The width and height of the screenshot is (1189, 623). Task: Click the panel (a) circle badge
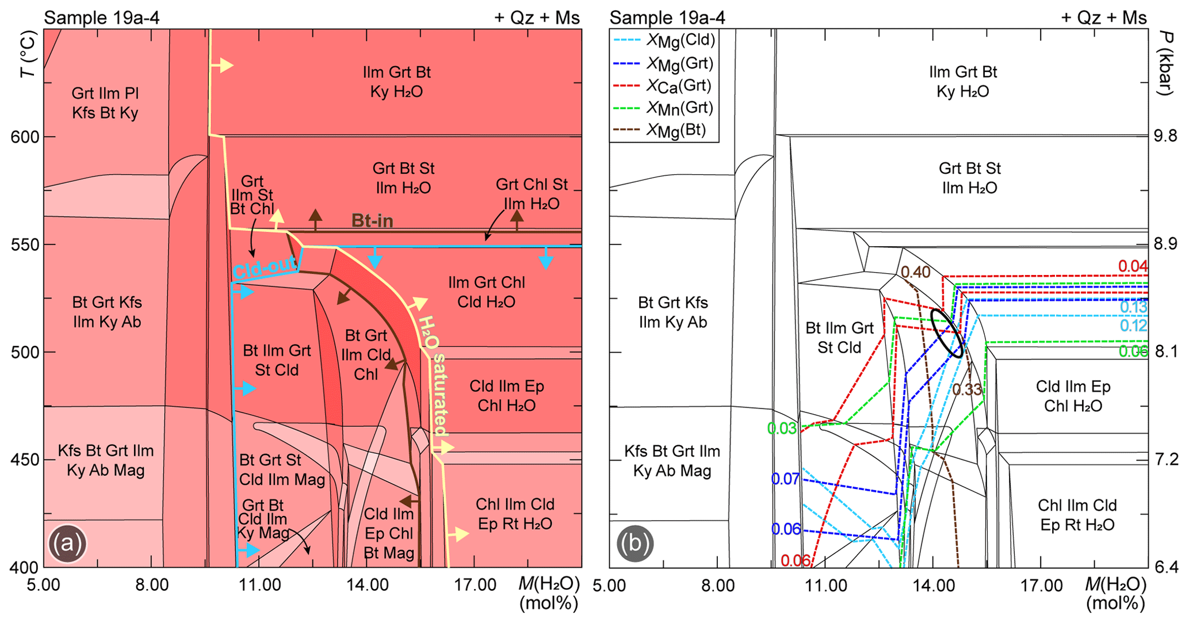tap(67, 543)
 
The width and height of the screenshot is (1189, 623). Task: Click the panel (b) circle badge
tap(634, 543)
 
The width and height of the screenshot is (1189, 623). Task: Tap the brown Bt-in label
tap(372, 221)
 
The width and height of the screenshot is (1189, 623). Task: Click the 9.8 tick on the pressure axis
tap(1165, 136)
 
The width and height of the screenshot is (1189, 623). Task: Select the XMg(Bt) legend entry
tap(662, 131)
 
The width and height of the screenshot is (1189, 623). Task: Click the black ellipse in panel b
tap(946, 334)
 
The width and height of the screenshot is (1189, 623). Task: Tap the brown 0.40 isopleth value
tap(915, 272)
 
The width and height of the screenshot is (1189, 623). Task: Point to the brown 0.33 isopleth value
tap(967, 389)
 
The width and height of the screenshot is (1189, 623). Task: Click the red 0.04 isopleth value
tap(1132, 266)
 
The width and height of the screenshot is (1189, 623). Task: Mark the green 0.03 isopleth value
tap(781, 429)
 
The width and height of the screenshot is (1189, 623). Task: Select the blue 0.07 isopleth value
tap(785, 479)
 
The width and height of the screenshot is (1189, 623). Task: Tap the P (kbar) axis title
tap(1165, 63)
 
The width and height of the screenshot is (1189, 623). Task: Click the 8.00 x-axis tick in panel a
tap(151, 586)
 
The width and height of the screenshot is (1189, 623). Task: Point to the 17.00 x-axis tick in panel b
tap(1040, 586)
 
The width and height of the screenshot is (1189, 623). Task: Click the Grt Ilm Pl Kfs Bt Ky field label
tap(105, 103)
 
